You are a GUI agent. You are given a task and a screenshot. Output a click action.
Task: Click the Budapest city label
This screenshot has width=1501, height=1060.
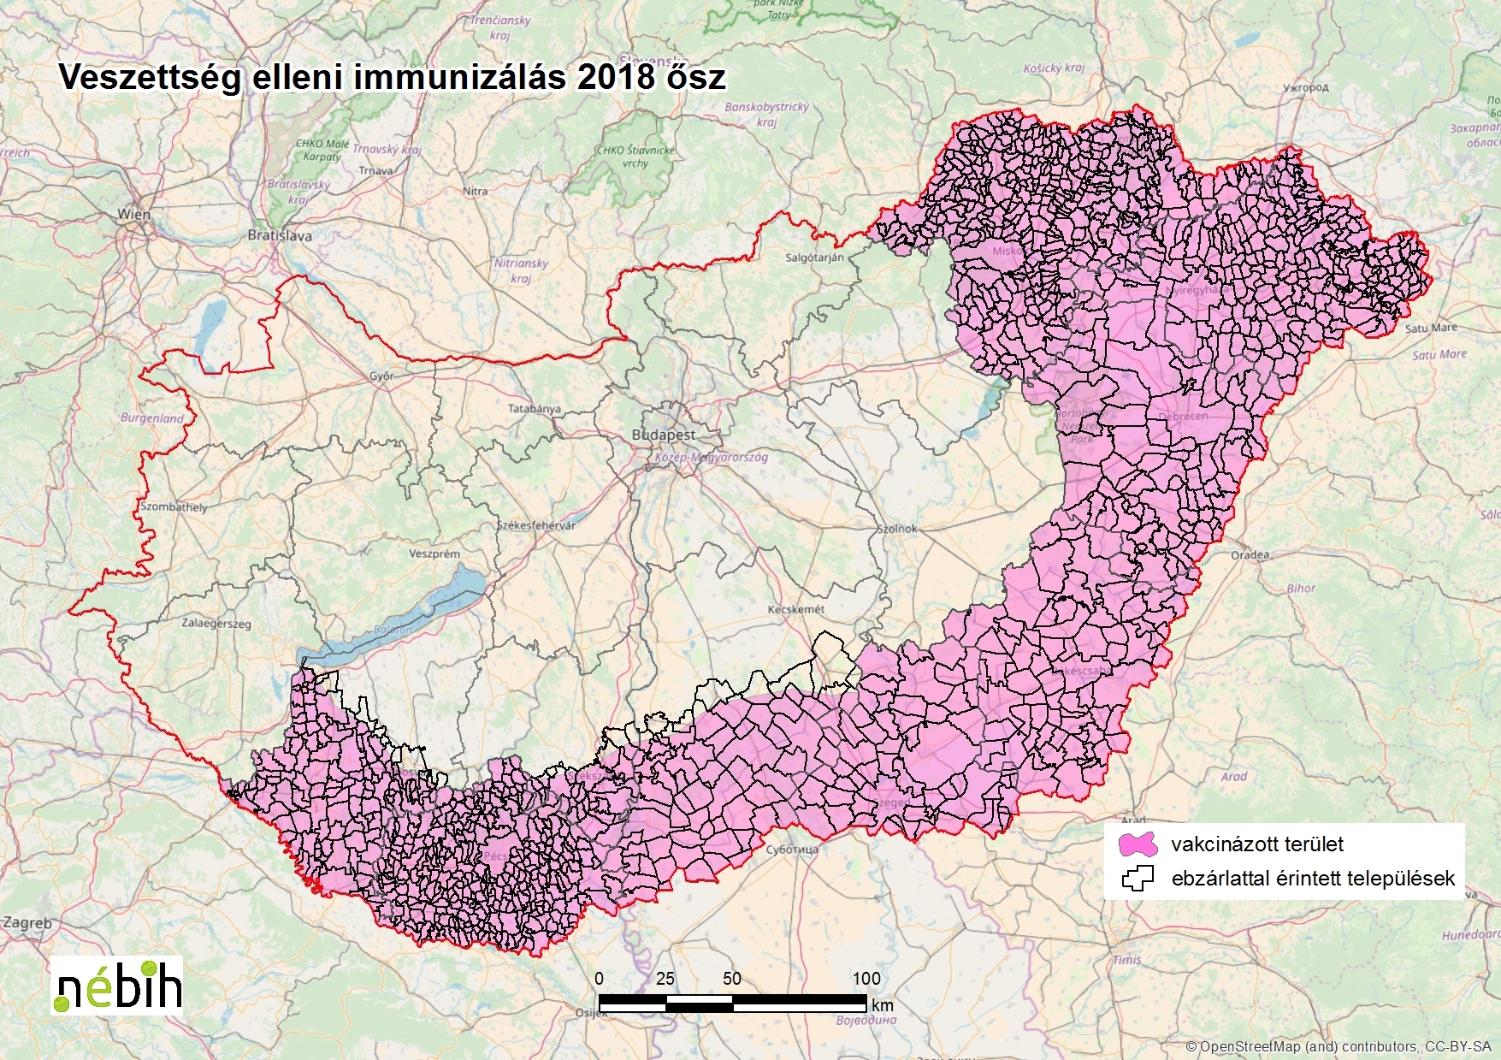(x=663, y=435)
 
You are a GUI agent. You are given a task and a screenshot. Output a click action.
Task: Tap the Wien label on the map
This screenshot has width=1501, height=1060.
(x=133, y=214)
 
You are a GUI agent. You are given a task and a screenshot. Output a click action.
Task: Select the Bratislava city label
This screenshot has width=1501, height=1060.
(x=280, y=234)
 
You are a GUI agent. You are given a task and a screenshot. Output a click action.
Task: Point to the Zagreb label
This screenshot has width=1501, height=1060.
(x=27, y=923)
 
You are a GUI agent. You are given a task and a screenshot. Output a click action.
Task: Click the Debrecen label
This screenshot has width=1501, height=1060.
(x=1183, y=416)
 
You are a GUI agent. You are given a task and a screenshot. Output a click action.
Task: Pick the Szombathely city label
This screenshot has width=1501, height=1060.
(x=174, y=506)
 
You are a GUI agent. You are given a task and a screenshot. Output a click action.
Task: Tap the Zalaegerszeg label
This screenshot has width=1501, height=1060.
(x=216, y=623)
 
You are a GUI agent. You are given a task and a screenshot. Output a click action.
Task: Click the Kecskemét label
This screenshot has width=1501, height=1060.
(x=796, y=609)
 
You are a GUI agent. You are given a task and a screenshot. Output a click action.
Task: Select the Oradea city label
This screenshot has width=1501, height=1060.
(x=1250, y=554)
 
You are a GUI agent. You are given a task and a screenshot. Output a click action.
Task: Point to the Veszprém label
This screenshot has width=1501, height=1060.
(x=434, y=554)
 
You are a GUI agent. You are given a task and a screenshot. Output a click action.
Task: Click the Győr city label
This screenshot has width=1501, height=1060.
(x=381, y=376)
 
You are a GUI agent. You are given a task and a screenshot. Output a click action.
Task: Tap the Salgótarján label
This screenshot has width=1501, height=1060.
(x=814, y=257)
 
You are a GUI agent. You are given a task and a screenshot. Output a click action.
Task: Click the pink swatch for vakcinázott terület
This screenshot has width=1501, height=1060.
(x=1138, y=844)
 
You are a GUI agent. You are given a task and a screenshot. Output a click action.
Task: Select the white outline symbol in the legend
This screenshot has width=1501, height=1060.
(x=1138, y=879)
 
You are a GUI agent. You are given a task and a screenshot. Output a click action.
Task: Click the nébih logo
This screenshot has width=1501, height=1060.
(x=117, y=986)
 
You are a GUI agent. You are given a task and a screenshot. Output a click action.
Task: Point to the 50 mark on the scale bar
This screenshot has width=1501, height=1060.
(x=732, y=978)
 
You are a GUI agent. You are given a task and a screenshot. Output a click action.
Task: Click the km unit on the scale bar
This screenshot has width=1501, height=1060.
(x=883, y=1005)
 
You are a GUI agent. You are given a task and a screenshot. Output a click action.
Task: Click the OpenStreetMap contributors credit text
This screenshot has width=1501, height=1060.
(x=1338, y=1046)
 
